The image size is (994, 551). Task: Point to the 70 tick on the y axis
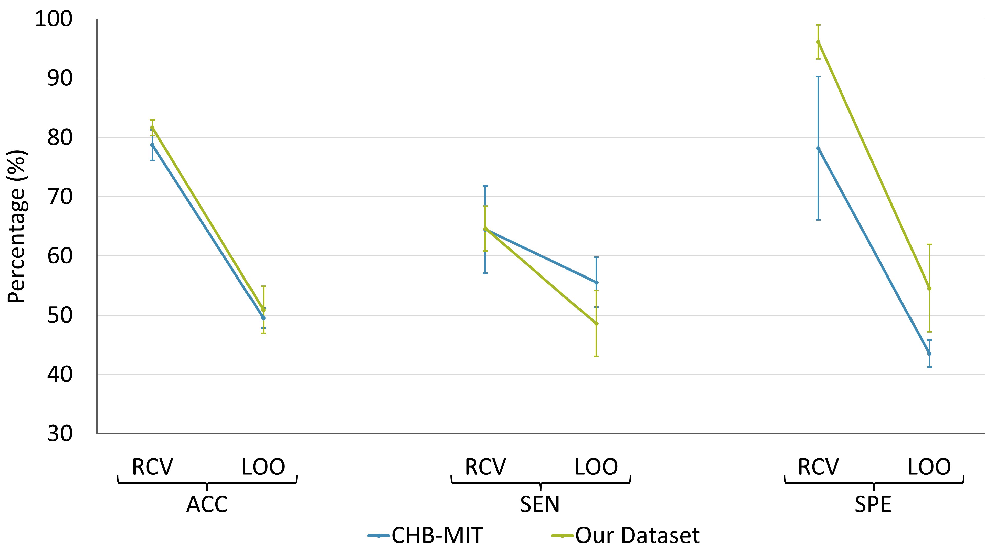point(60,197)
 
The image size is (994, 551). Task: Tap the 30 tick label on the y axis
point(60,434)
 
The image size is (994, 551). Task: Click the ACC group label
point(207,504)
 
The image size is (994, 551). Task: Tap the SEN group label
point(540,504)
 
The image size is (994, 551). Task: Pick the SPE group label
point(873,504)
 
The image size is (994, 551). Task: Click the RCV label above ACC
point(152,467)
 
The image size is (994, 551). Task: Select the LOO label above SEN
point(596,467)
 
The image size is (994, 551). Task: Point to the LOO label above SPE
point(929,467)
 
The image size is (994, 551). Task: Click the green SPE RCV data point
point(818,42)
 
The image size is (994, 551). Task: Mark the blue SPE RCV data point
point(818,148)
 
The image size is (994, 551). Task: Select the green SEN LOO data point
point(596,323)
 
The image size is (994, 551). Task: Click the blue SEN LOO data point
point(596,282)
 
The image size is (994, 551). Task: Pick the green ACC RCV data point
point(152,127)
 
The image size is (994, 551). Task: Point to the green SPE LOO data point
point(929,288)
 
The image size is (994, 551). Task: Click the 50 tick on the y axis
point(60,315)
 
